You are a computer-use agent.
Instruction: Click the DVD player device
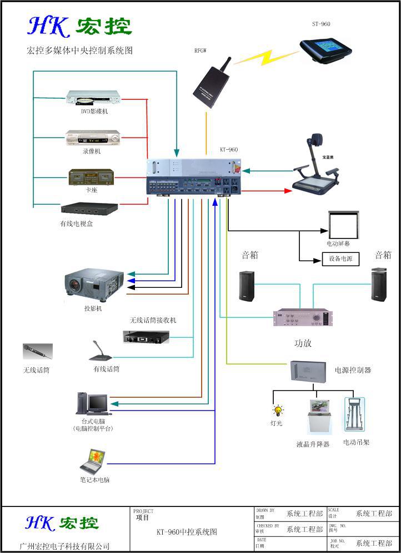[x=92, y=99]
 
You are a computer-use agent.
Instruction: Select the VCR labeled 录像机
[x=93, y=138]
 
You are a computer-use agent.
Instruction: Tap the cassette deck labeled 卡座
[x=91, y=177]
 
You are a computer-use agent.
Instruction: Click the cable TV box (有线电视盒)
[x=89, y=209]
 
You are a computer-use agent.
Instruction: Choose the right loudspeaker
[x=379, y=285]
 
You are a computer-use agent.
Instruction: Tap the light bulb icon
[x=278, y=411]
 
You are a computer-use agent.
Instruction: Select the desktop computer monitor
[x=97, y=403]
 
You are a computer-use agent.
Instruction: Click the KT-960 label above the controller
[x=229, y=150]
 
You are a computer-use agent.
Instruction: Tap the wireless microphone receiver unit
[x=146, y=336]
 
